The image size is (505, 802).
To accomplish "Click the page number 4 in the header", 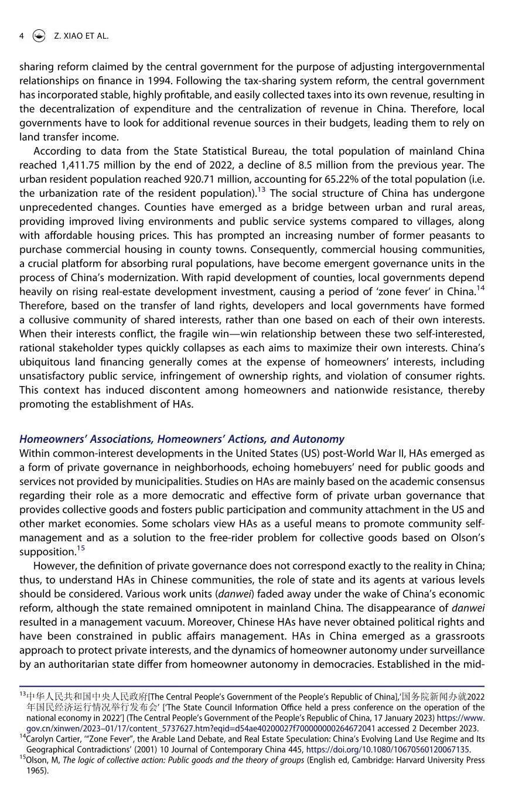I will click(x=22, y=36).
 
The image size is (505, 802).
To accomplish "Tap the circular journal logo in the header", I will click(x=39, y=36).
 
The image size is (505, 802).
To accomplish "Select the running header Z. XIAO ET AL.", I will click(x=81, y=36).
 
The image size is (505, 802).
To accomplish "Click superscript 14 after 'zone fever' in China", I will click(x=480, y=288).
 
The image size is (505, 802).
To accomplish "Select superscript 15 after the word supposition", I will click(x=81, y=548).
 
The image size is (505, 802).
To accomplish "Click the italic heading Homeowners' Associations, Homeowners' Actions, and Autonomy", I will click(x=182, y=439).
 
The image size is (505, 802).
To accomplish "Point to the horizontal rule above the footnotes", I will click(x=252, y=686).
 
